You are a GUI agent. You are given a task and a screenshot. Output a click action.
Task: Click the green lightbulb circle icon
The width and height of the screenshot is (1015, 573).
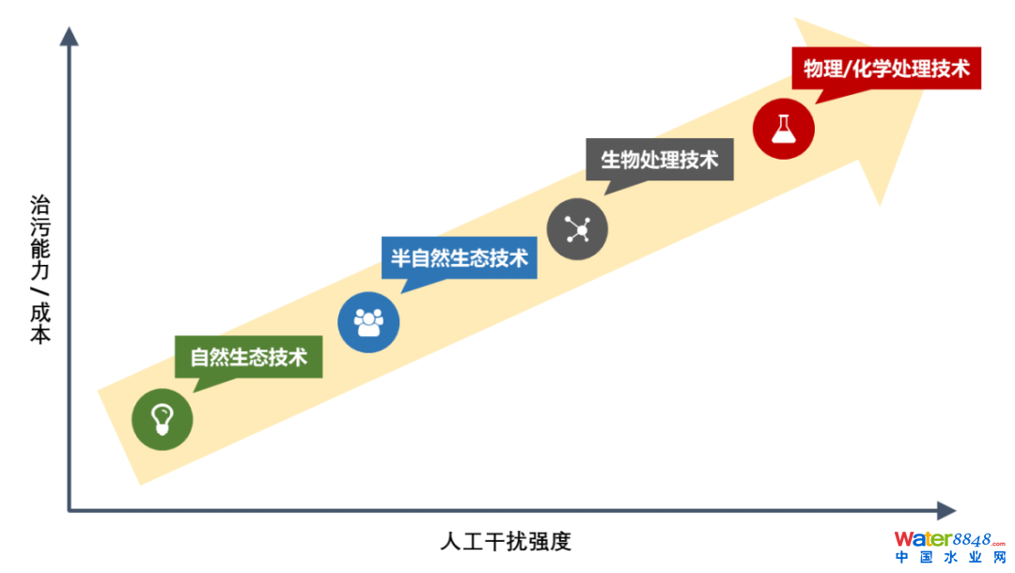pyautogui.click(x=162, y=419)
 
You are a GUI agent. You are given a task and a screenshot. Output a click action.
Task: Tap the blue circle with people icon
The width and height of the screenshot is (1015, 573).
pyautogui.click(x=368, y=322)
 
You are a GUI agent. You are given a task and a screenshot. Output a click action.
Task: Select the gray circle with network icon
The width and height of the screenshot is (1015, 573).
pyautogui.click(x=577, y=229)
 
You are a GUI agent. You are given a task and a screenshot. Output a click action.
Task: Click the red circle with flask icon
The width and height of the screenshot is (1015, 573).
pyautogui.click(x=783, y=129)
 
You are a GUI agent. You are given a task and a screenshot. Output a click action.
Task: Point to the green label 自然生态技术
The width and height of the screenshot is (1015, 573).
pyautogui.click(x=248, y=357)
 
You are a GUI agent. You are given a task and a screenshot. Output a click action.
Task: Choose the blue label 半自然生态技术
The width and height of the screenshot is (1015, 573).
pyautogui.click(x=459, y=258)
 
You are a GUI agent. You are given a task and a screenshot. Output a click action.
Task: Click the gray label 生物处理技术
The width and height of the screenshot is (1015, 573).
pyautogui.click(x=660, y=159)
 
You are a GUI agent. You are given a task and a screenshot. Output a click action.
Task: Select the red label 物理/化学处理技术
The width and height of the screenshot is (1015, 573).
pyautogui.click(x=886, y=68)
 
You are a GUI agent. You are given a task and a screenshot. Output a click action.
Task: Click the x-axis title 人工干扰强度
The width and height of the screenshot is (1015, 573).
pyautogui.click(x=506, y=541)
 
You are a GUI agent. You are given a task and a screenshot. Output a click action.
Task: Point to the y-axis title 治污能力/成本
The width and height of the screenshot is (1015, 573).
pyautogui.click(x=40, y=269)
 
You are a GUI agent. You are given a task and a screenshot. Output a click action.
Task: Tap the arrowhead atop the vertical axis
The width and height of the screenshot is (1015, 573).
pyautogui.click(x=70, y=37)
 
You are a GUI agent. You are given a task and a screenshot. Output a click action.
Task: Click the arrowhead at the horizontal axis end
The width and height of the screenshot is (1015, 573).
pyautogui.click(x=946, y=510)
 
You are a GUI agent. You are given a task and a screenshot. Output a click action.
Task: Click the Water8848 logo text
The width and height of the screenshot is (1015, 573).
pyautogui.click(x=949, y=539)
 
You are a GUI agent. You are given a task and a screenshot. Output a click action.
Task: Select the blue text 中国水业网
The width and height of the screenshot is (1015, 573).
pyautogui.click(x=950, y=557)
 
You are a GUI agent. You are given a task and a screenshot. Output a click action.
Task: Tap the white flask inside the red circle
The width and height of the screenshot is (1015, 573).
pyautogui.click(x=783, y=130)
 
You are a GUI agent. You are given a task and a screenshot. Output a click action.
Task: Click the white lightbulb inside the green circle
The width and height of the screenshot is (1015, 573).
pyautogui.click(x=162, y=419)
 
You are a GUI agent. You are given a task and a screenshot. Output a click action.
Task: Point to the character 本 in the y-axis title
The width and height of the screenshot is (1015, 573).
pyautogui.click(x=40, y=333)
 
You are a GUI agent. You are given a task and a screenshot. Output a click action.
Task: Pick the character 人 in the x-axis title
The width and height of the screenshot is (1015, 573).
pyautogui.click(x=450, y=541)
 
